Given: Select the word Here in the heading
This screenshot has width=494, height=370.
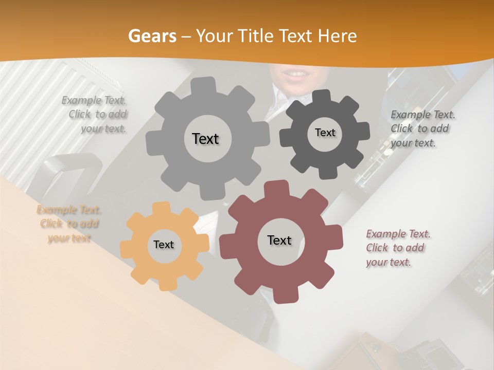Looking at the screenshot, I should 338,36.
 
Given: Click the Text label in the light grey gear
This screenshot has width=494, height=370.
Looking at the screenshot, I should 205,139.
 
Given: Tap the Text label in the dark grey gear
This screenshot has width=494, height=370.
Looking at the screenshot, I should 325,133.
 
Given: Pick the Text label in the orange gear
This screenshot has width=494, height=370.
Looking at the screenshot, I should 164,245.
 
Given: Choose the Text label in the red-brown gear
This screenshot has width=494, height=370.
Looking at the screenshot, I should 279,240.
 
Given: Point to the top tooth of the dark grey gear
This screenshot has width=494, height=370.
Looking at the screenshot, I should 322,97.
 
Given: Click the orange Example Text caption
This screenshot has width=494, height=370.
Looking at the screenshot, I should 69,224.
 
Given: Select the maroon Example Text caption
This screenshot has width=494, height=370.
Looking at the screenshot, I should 397,248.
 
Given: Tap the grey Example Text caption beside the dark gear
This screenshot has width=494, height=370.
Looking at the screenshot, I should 422,128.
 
